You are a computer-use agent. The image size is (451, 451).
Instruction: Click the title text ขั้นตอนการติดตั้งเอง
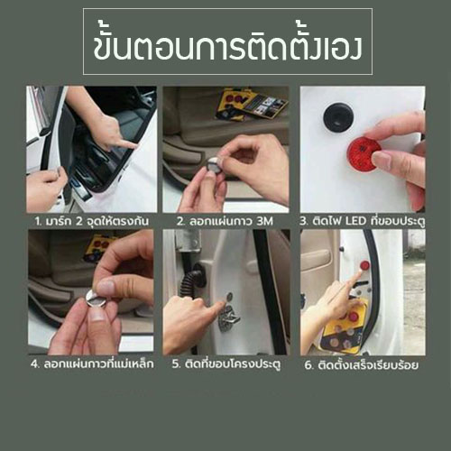(x=226, y=41)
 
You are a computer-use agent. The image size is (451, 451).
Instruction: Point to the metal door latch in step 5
(x=231, y=315)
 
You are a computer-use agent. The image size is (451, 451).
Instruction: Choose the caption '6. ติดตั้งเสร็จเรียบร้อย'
(x=362, y=364)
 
